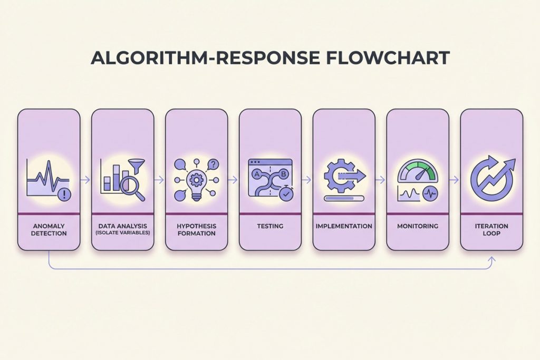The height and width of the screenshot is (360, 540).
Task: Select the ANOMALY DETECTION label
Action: coord(49,229)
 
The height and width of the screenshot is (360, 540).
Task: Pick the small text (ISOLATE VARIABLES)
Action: coord(122,233)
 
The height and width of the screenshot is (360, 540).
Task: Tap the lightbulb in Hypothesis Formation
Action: coord(196,183)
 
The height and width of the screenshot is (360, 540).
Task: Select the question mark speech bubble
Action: coord(213,164)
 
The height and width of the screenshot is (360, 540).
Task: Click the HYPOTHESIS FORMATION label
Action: coord(196,229)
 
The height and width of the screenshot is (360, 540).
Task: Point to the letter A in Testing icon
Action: coord(257,173)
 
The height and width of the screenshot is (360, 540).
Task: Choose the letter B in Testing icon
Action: coord(285,173)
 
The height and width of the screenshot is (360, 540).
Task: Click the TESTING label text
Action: coord(270,226)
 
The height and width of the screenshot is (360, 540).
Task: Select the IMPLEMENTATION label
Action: coord(344,226)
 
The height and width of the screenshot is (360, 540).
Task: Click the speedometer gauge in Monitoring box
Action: coord(417,171)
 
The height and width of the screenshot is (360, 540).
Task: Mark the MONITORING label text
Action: coord(418,226)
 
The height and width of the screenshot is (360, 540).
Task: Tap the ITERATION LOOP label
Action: coord(491,229)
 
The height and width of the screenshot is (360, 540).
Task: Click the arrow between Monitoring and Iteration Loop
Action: coord(454,179)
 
